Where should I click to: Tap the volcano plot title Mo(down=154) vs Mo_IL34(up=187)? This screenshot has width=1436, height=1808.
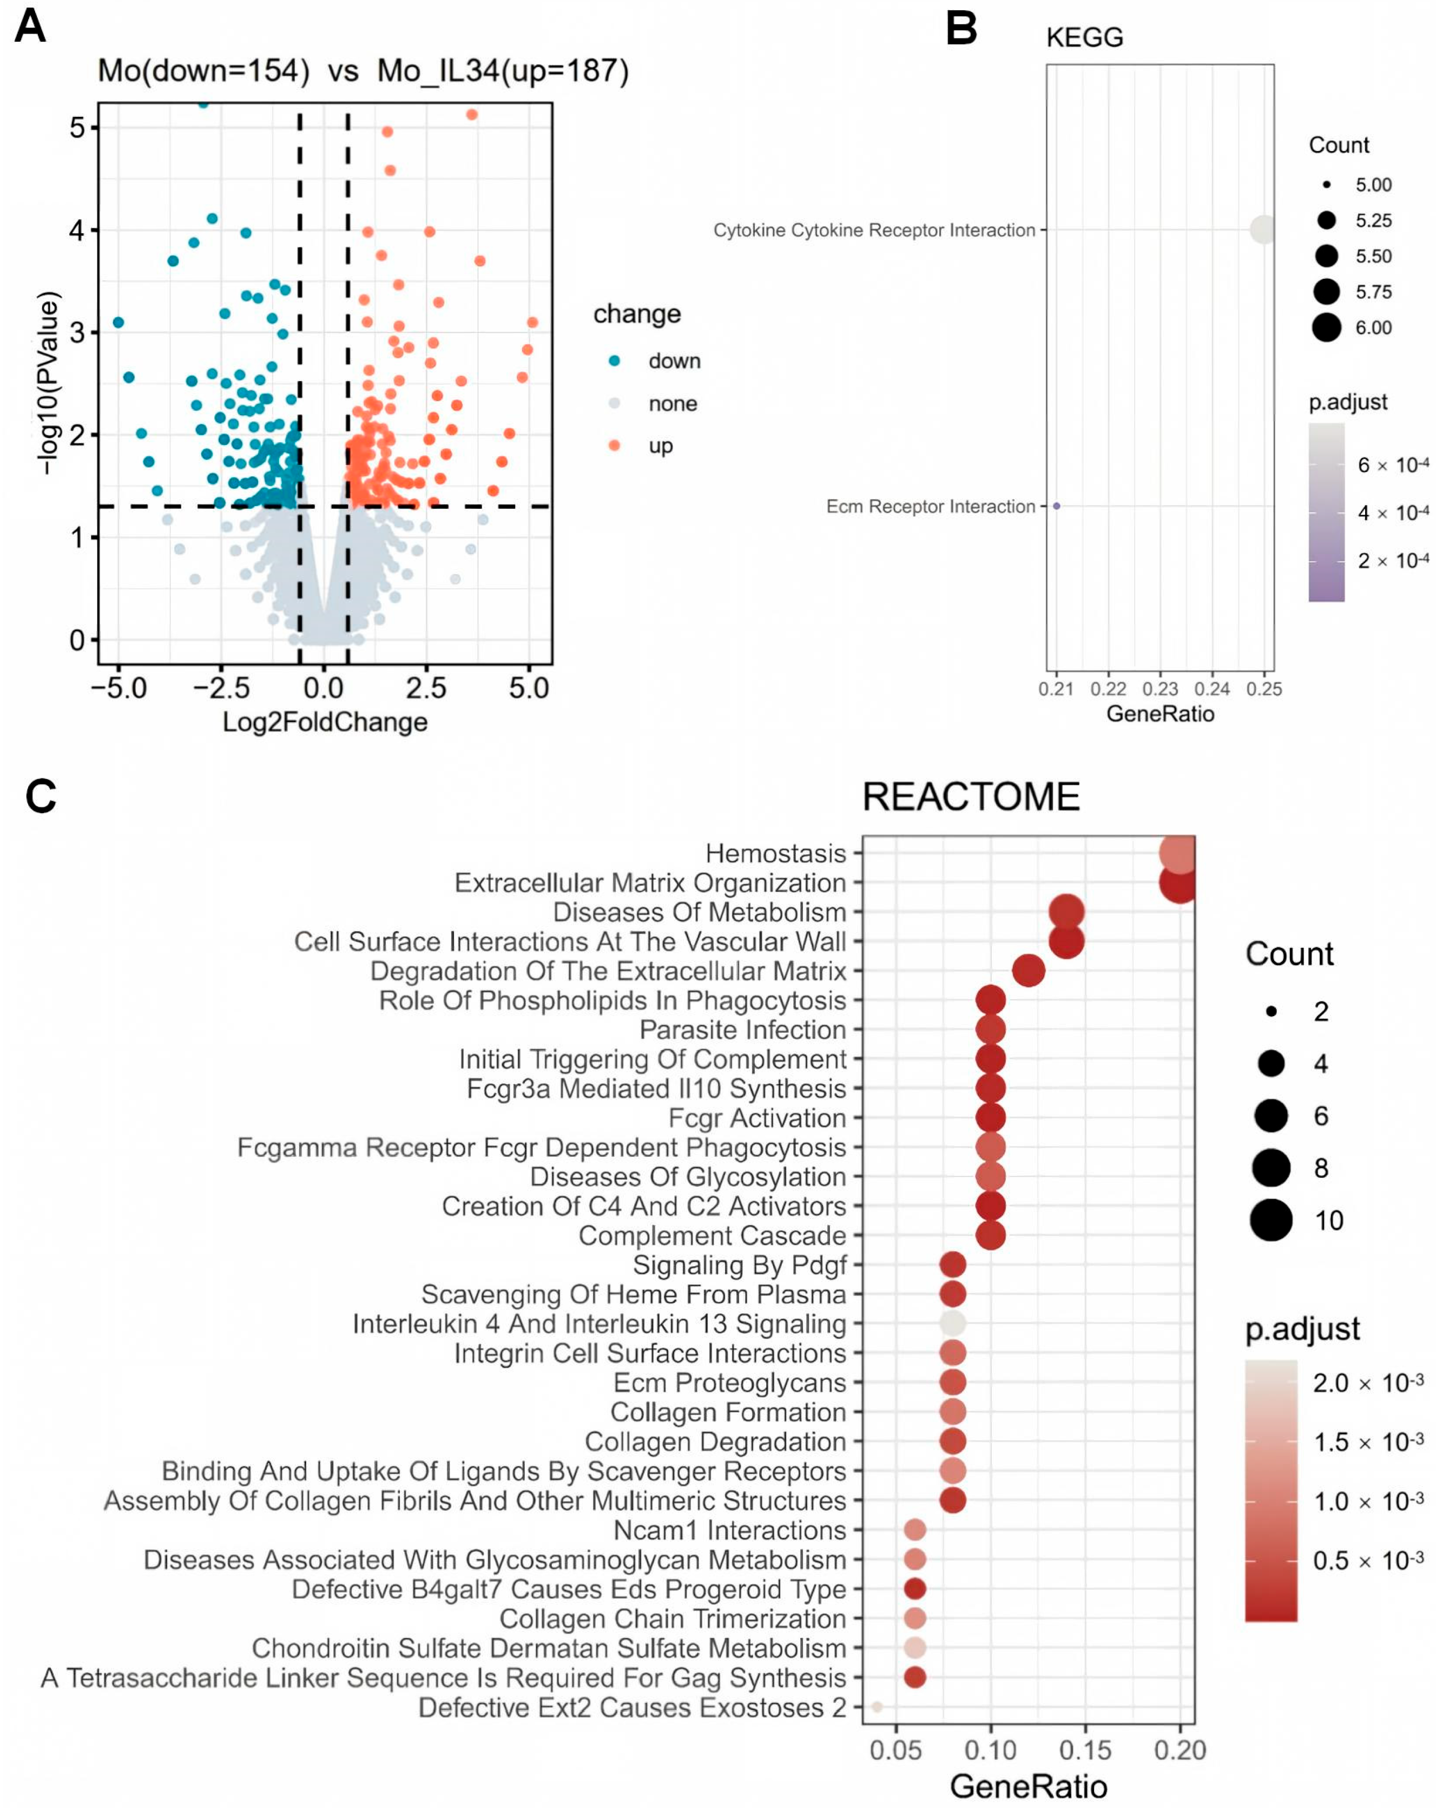click(x=363, y=70)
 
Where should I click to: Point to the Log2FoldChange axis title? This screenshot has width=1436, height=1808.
click(x=325, y=722)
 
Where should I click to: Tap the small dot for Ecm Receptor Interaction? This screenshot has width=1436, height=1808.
click(x=1056, y=506)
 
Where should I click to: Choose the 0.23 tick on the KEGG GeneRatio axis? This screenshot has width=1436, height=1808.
click(x=1160, y=689)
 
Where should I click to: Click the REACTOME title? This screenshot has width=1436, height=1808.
click(x=971, y=797)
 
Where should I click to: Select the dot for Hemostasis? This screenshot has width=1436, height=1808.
click(x=1178, y=854)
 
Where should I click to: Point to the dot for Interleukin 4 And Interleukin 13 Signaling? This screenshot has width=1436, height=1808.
click(x=952, y=1324)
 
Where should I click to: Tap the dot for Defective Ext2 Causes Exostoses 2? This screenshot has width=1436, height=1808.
click(x=877, y=1707)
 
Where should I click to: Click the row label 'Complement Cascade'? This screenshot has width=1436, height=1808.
click(x=713, y=1235)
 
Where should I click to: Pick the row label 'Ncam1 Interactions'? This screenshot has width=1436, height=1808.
click(x=730, y=1530)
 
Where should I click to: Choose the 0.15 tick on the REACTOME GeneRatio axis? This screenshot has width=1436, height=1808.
click(x=1085, y=1750)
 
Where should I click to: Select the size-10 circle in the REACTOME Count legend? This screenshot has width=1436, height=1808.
click(x=1271, y=1220)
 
